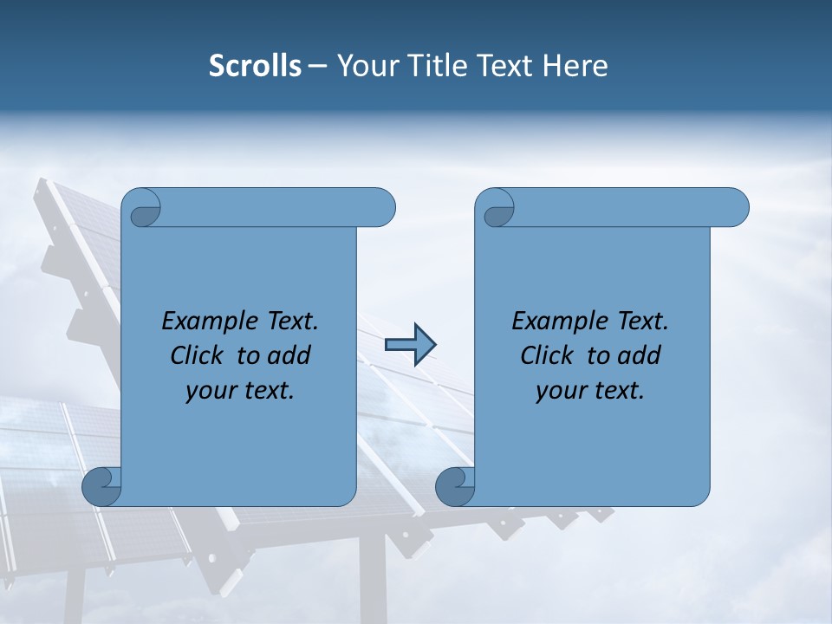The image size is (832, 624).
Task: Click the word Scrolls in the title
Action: click(x=255, y=66)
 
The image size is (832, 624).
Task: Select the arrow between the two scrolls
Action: click(x=410, y=345)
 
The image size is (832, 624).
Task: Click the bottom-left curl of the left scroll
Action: click(x=101, y=485)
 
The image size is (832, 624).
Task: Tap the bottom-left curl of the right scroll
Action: click(x=453, y=485)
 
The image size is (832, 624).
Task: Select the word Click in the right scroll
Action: click(x=547, y=355)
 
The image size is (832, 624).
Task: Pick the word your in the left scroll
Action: click(x=209, y=391)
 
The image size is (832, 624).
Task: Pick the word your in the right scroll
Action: click(x=559, y=391)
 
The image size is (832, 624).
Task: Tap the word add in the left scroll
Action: click(x=290, y=355)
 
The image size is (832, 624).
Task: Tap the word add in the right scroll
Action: click(x=640, y=355)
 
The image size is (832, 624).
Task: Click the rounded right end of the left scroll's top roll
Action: click(x=381, y=207)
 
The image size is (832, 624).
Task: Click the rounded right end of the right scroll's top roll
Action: click(x=735, y=207)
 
